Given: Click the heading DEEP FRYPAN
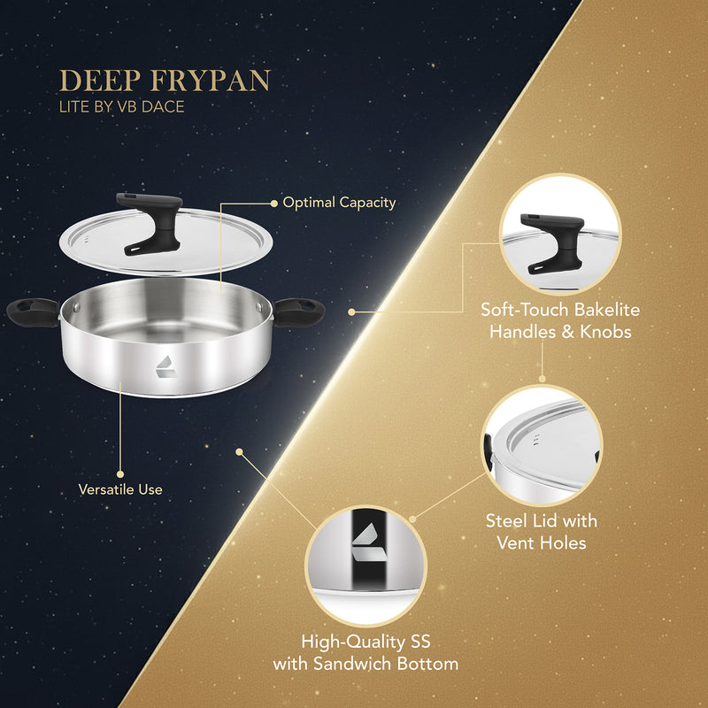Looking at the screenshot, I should [165, 81].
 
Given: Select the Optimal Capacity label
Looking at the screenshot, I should [339, 203].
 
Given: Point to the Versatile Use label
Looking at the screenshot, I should [120, 488].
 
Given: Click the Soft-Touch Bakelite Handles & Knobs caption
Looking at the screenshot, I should [559, 319].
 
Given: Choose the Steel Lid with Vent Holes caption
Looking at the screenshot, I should [542, 531].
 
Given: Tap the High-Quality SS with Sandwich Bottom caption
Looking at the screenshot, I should [366, 652].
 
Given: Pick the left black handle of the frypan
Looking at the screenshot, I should [31, 310].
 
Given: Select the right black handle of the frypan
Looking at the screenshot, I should [299, 310].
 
